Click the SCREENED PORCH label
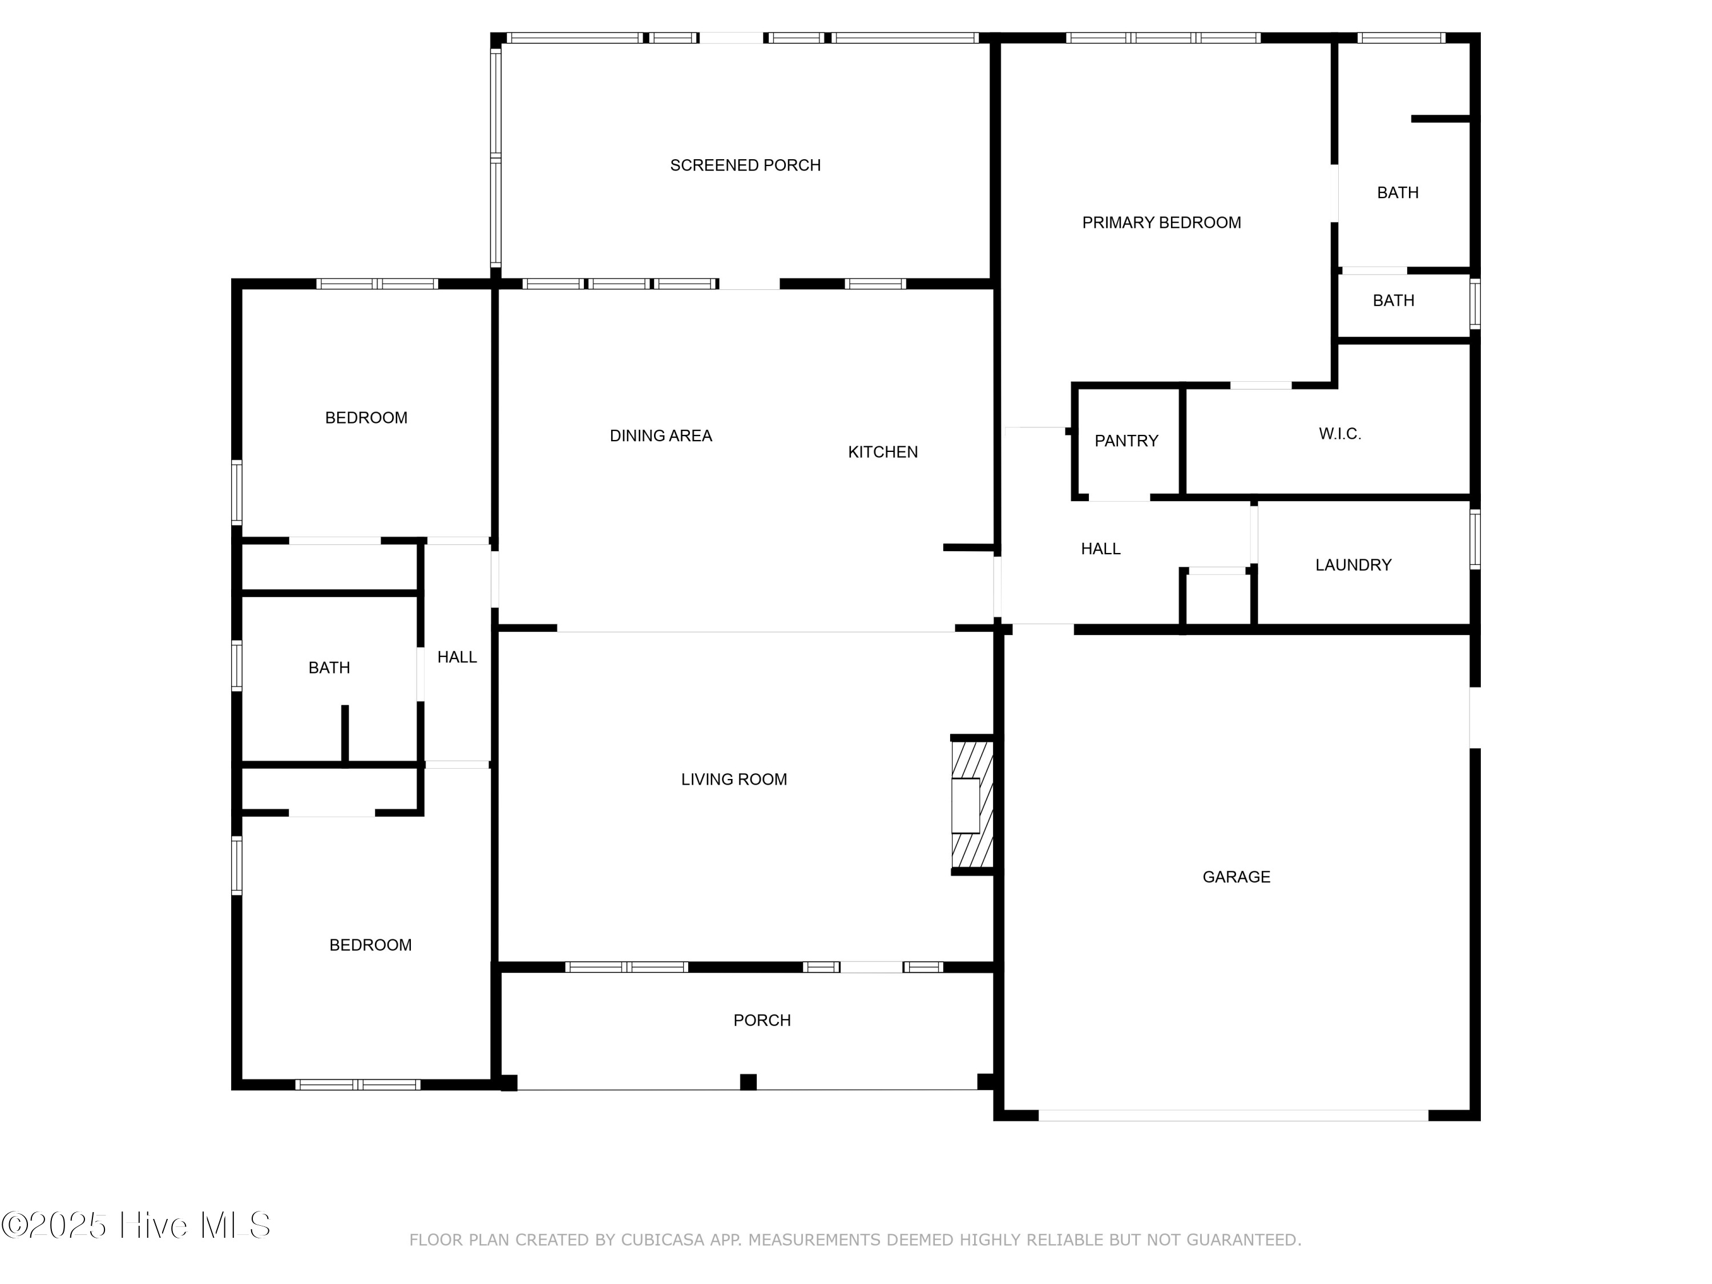click(x=745, y=165)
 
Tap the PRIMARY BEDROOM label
click(x=1161, y=223)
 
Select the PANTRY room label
click(x=1126, y=441)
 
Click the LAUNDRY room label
click(x=1353, y=565)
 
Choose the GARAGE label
click(x=1236, y=877)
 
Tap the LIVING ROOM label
click(x=734, y=780)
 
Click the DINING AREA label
click(x=660, y=436)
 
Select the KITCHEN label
click(x=882, y=452)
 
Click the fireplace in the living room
click(x=971, y=805)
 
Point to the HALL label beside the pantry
click(x=1101, y=549)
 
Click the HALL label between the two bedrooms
click(x=457, y=657)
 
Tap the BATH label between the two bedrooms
click(x=329, y=668)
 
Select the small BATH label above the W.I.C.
click(x=1393, y=300)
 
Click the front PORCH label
click(x=762, y=1020)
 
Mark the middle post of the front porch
click(x=748, y=1081)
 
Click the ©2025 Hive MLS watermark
click(x=136, y=1225)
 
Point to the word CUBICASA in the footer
click(x=663, y=1240)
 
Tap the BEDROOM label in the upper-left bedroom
click(x=366, y=418)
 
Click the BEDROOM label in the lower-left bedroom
click(x=370, y=945)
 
